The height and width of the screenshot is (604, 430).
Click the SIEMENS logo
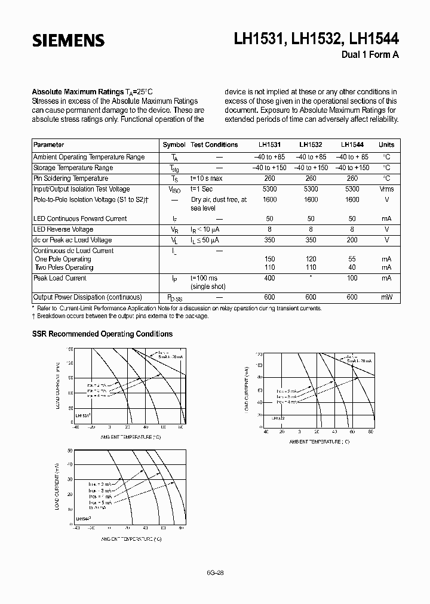coord(68,41)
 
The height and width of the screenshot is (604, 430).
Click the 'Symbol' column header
coord(174,145)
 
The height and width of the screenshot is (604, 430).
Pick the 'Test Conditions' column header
coord(214,145)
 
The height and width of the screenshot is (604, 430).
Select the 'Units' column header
coord(386,145)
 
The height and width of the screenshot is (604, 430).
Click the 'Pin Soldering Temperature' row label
coord(70,178)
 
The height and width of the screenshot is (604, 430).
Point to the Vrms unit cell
coord(386,189)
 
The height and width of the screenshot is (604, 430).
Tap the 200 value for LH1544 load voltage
coord(352,240)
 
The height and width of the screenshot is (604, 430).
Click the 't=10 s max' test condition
coord(207,178)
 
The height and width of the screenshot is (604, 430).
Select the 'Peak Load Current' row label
coord(60,278)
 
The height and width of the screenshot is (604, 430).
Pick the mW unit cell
coord(386,297)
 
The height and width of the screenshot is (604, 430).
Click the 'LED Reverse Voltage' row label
coord(63,229)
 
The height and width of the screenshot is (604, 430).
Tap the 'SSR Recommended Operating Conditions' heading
coord(102,334)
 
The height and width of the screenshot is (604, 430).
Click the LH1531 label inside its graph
coord(83,415)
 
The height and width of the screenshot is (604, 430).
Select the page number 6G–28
coord(214,572)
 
